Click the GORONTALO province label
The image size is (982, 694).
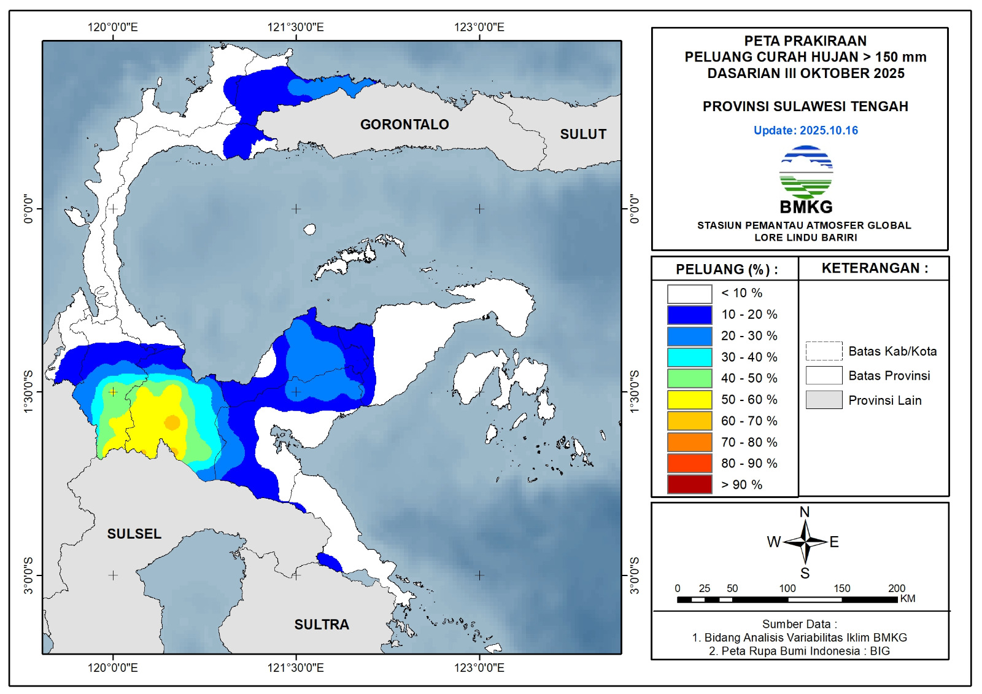point(404,125)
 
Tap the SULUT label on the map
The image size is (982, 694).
point(583,135)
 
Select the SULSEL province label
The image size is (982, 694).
point(134,534)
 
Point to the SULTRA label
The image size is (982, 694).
point(322,625)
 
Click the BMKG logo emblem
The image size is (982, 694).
point(806,173)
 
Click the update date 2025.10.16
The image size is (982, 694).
point(829,130)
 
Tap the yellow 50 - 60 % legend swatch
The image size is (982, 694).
point(689,400)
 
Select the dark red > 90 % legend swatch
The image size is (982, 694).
point(689,485)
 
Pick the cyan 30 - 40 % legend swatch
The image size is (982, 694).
point(689,357)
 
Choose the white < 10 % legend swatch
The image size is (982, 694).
point(689,294)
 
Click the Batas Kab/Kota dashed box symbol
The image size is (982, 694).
point(824,351)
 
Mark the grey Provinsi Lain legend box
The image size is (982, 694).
point(824,400)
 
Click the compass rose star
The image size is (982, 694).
point(805,542)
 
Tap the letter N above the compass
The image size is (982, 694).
point(805,512)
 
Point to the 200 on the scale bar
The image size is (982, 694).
point(897,588)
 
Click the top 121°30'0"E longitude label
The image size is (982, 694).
point(295,27)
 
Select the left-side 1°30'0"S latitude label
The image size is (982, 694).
point(28,391)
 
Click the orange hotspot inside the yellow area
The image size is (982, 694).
point(172,423)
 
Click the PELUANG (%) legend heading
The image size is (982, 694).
point(727,270)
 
